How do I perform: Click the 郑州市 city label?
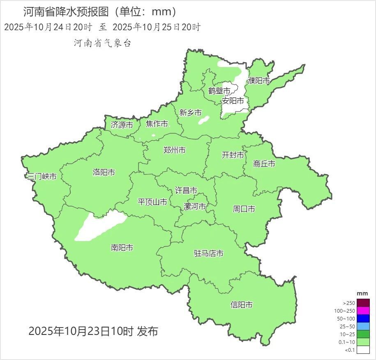[174, 150]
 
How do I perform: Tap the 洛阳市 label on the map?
[104, 172]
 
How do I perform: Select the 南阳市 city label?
[122, 248]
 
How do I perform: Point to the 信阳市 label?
[242, 305]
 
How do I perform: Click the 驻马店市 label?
[209, 253]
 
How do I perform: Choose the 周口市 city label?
[244, 209]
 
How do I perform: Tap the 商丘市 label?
[264, 164]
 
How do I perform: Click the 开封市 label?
[233, 155]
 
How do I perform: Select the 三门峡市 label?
[42, 177]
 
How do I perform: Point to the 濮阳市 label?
[259, 81]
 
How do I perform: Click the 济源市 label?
[122, 125]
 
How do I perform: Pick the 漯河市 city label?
[195, 206]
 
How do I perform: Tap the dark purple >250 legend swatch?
[363, 303]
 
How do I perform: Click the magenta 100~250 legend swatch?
[363, 311]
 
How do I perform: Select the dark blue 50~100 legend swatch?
[363, 318]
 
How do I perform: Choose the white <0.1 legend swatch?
[363, 350]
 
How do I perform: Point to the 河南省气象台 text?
[102, 43]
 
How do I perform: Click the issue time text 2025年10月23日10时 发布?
[93, 331]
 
